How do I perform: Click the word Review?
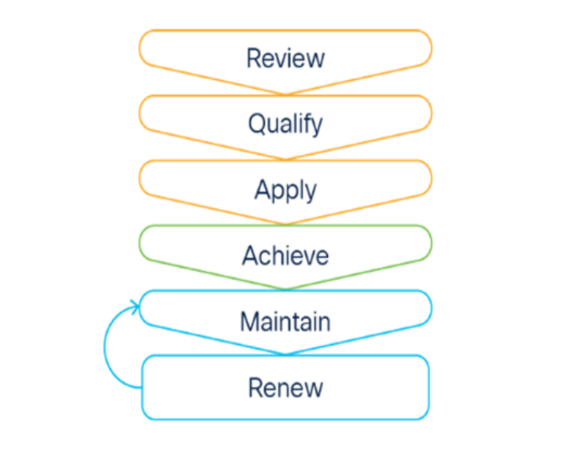tap(285, 58)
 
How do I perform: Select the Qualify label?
tap(285, 124)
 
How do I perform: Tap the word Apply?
tap(285, 190)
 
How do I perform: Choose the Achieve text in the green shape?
tap(285, 256)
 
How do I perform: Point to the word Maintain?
tap(285, 321)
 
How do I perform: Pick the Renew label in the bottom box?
tap(285, 386)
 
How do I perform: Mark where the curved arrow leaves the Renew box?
tap(141, 387)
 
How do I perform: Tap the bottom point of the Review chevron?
tap(285, 94)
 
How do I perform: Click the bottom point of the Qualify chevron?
tap(285, 159)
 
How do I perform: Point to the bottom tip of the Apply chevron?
tap(285, 224)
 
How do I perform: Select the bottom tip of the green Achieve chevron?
tap(285, 289)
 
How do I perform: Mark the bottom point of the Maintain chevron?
tap(285, 354)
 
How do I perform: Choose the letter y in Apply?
tap(310, 192)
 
